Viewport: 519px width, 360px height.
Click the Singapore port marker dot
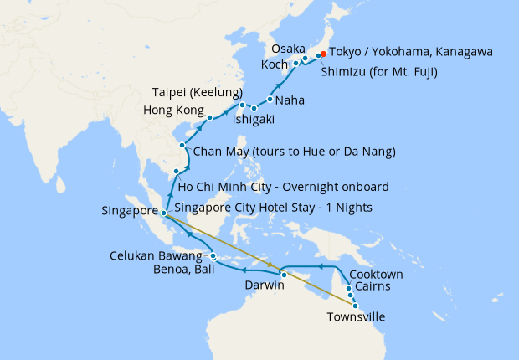164,213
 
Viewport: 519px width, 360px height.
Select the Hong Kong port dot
210,117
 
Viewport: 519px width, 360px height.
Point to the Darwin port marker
284,275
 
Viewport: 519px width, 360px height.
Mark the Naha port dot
270,100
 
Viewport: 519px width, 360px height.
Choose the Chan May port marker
182,145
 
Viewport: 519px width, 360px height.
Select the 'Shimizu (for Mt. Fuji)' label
378,71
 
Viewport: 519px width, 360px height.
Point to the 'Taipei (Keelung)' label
198,91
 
